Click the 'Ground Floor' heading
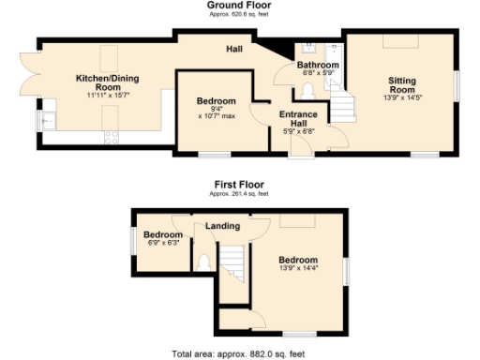(239, 5)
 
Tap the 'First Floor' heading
(238, 185)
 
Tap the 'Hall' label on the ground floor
(234, 49)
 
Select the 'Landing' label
(223, 226)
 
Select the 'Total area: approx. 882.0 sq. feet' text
(238, 354)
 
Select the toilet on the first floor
(203, 262)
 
